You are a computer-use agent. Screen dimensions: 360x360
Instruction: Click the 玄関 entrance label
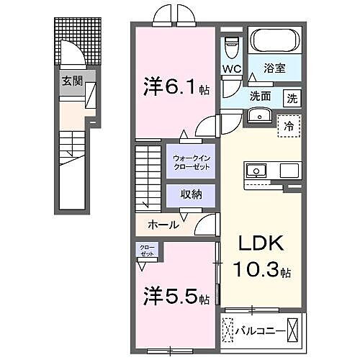(71, 81)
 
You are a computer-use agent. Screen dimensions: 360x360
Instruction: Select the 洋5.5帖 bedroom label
(175, 297)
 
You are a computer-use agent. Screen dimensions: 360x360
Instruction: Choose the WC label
(230, 69)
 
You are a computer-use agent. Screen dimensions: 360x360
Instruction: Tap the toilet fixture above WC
(231, 48)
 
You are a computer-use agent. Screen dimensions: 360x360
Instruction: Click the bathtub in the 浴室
(273, 40)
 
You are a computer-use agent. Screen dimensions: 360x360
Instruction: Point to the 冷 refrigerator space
(289, 125)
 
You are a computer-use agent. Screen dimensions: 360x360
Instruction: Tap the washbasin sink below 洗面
(258, 116)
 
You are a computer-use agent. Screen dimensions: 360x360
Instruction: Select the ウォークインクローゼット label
(192, 162)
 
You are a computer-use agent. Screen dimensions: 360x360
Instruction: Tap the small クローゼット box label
(147, 251)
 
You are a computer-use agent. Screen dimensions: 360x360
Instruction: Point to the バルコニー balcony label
(258, 332)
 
